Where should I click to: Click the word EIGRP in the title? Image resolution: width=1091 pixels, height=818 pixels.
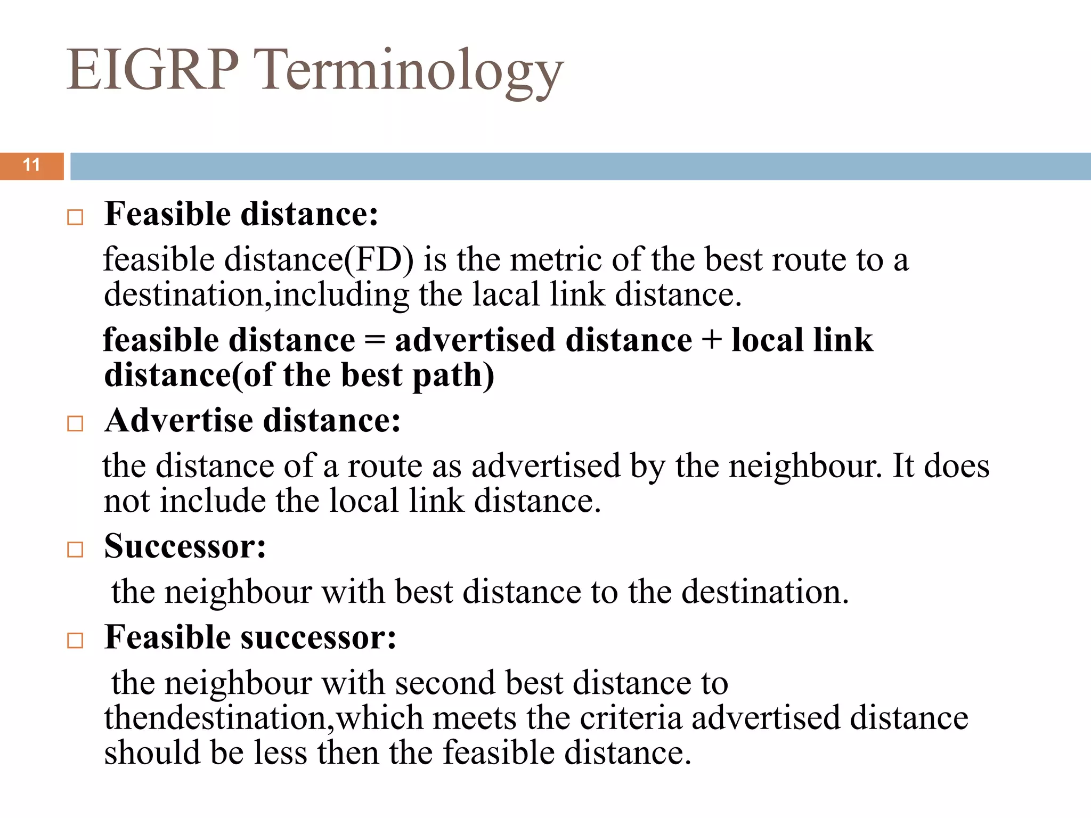[152, 70]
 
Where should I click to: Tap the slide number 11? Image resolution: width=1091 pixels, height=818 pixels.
[32, 165]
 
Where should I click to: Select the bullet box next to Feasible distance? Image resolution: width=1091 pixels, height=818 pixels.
[75, 217]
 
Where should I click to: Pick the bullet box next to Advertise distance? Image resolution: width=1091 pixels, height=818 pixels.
[75, 424]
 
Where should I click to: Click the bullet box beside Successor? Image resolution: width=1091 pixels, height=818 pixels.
[75, 550]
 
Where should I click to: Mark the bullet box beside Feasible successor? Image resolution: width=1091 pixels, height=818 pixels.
[75, 640]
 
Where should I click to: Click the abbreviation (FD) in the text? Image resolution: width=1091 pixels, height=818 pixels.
[379, 261]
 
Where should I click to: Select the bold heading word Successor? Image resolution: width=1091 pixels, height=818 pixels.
[185, 546]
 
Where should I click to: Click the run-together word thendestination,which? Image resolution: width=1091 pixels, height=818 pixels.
[263, 718]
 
